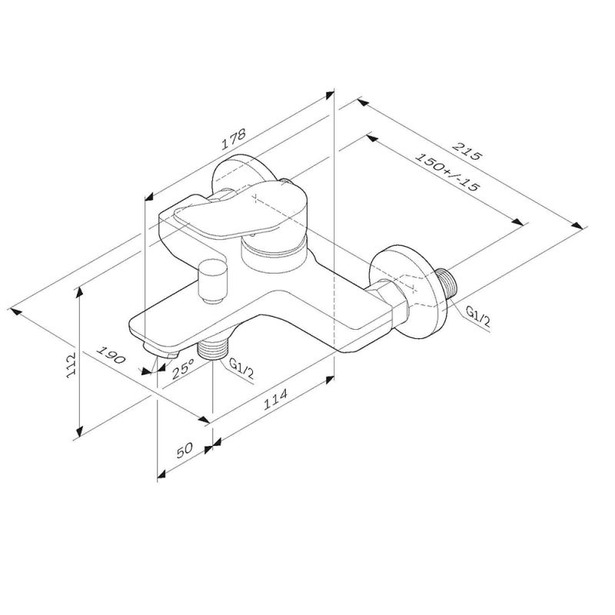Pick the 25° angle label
point(182,371)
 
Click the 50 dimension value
point(182,453)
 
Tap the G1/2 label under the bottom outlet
point(241,370)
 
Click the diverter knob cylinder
point(210,281)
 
